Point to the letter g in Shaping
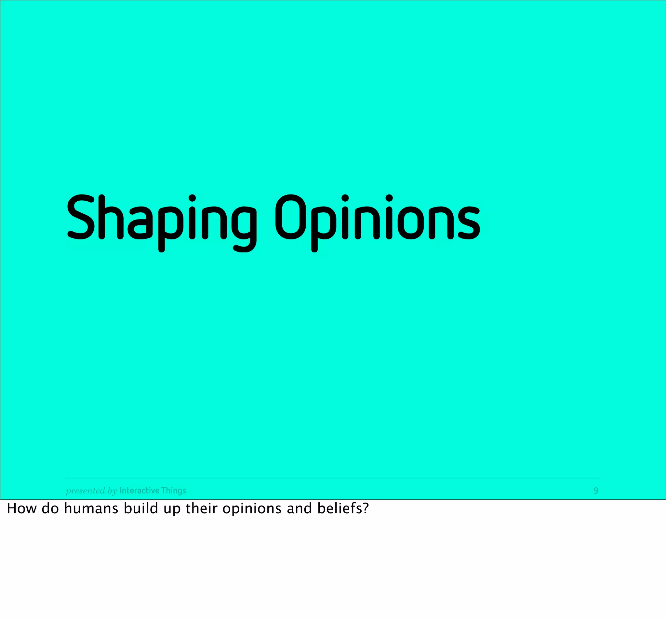coord(243,227)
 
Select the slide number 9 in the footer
coord(595,490)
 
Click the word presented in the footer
coord(86,490)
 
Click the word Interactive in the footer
coord(139,490)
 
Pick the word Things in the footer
coord(173,490)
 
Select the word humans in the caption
coord(91,509)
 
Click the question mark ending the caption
coord(366,509)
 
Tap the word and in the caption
coord(299,509)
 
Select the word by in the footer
coord(112,491)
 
